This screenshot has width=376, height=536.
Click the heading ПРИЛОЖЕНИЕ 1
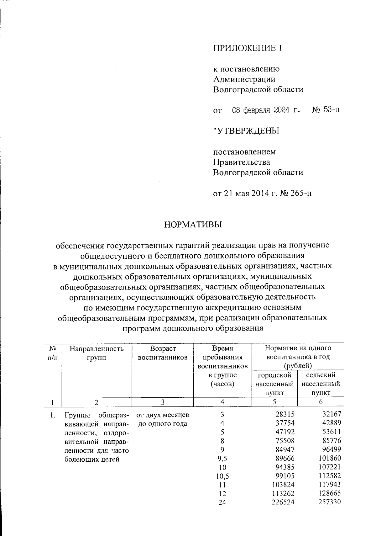click(x=248, y=48)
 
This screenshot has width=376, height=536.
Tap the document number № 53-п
click(x=326, y=110)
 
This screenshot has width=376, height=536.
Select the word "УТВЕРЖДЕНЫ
click(x=246, y=131)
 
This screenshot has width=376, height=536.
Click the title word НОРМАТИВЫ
click(x=192, y=225)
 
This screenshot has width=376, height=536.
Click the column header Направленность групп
click(x=97, y=353)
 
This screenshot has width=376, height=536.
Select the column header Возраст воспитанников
click(x=163, y=353)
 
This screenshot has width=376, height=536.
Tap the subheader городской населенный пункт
click(x=274, y=384)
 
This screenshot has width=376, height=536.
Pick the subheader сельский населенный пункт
click(x=321, y=384)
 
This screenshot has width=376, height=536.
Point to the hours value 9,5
click(x=222, y=459)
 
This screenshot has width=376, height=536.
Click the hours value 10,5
click(x=222, y=476)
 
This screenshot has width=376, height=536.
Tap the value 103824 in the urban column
click(x=283, y=485)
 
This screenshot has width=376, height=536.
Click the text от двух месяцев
click(x=163, y=415)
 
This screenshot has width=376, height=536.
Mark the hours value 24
click(x=222, y=502)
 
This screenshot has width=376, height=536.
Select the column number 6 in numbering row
click(x=321, y=402)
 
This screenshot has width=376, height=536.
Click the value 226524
click(x=283, y=502)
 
